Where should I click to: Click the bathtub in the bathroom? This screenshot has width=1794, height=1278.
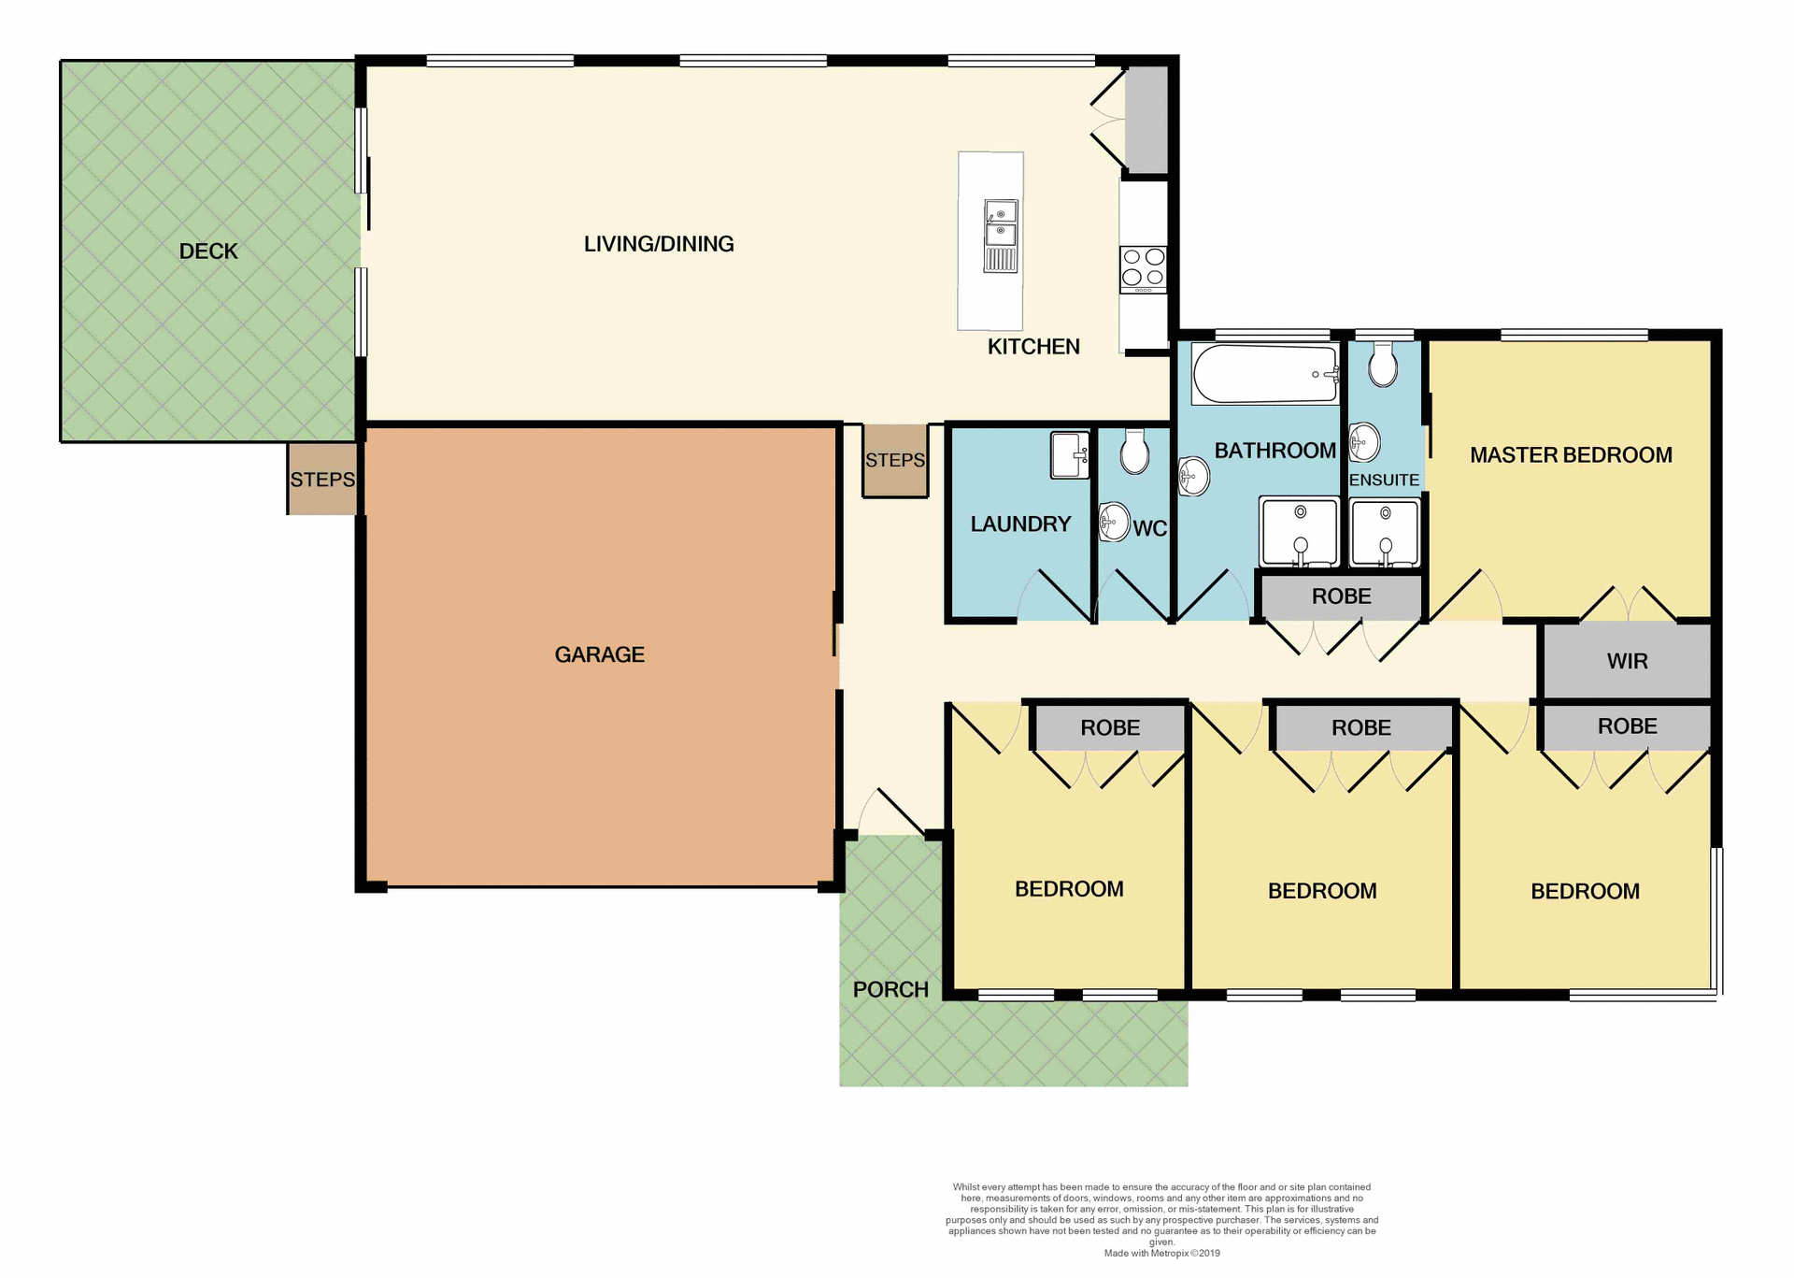(1265, 374)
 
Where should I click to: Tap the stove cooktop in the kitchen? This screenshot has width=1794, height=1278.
(1144, 267)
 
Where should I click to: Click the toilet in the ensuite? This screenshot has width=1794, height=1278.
(1383, 364)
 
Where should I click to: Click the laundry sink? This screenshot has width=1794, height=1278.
(1070, 455)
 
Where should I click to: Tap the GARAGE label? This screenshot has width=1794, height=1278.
(599, 654)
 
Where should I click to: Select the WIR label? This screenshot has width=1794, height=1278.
(1627, 661)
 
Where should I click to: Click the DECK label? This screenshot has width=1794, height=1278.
(208, 251)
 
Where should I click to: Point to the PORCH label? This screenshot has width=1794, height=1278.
(890, 989)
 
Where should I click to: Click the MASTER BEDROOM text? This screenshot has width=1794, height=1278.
(1571, 455)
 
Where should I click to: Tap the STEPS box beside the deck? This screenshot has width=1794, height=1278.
(322, 480)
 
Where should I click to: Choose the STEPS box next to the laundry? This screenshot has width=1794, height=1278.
(895, 460)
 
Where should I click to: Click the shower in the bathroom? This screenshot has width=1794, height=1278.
(1299, 532)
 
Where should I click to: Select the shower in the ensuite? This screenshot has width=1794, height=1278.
(1385, 534)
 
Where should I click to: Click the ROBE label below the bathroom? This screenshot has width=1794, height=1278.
(1341, 596)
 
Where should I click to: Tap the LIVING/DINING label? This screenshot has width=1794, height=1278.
(659, 244)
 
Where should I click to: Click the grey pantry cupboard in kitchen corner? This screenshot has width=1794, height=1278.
(1146, 119)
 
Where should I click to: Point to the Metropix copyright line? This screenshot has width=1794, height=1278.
(1161, 1254)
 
